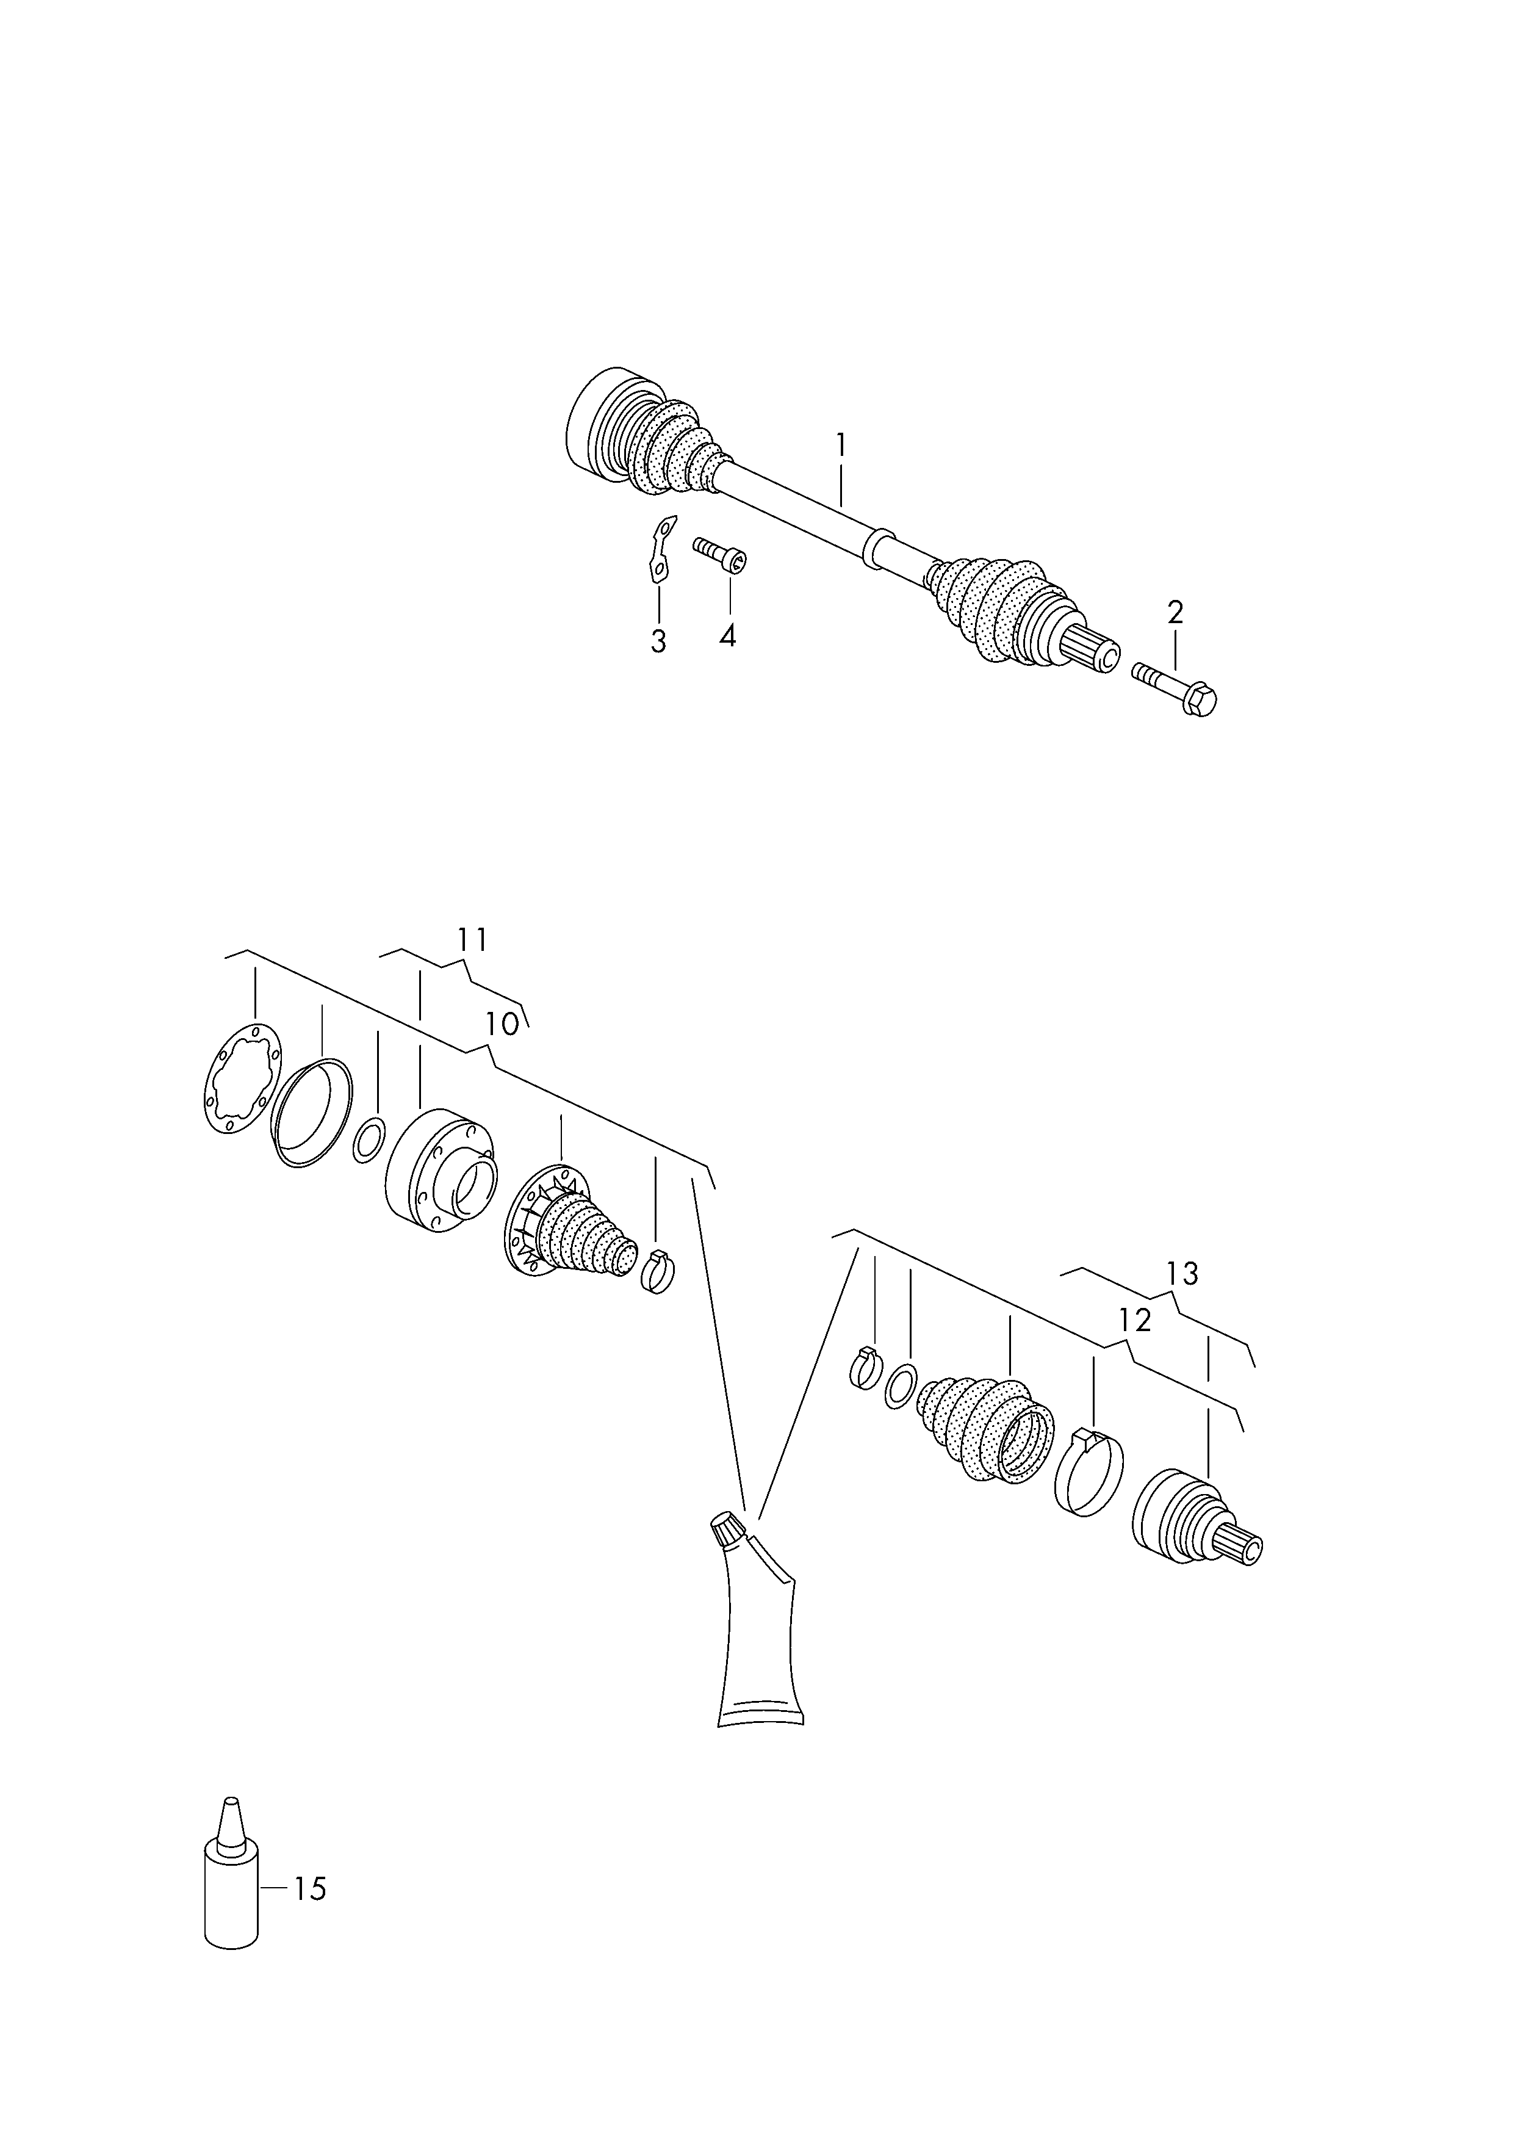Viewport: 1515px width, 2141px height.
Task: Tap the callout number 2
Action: point(1175,613)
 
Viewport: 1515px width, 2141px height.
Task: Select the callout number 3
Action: point(658,642)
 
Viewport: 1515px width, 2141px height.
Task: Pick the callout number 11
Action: point(473,939)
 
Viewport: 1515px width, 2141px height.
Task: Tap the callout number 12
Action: point(1135,1320)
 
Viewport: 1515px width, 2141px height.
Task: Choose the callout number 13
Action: point(1182,1273)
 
